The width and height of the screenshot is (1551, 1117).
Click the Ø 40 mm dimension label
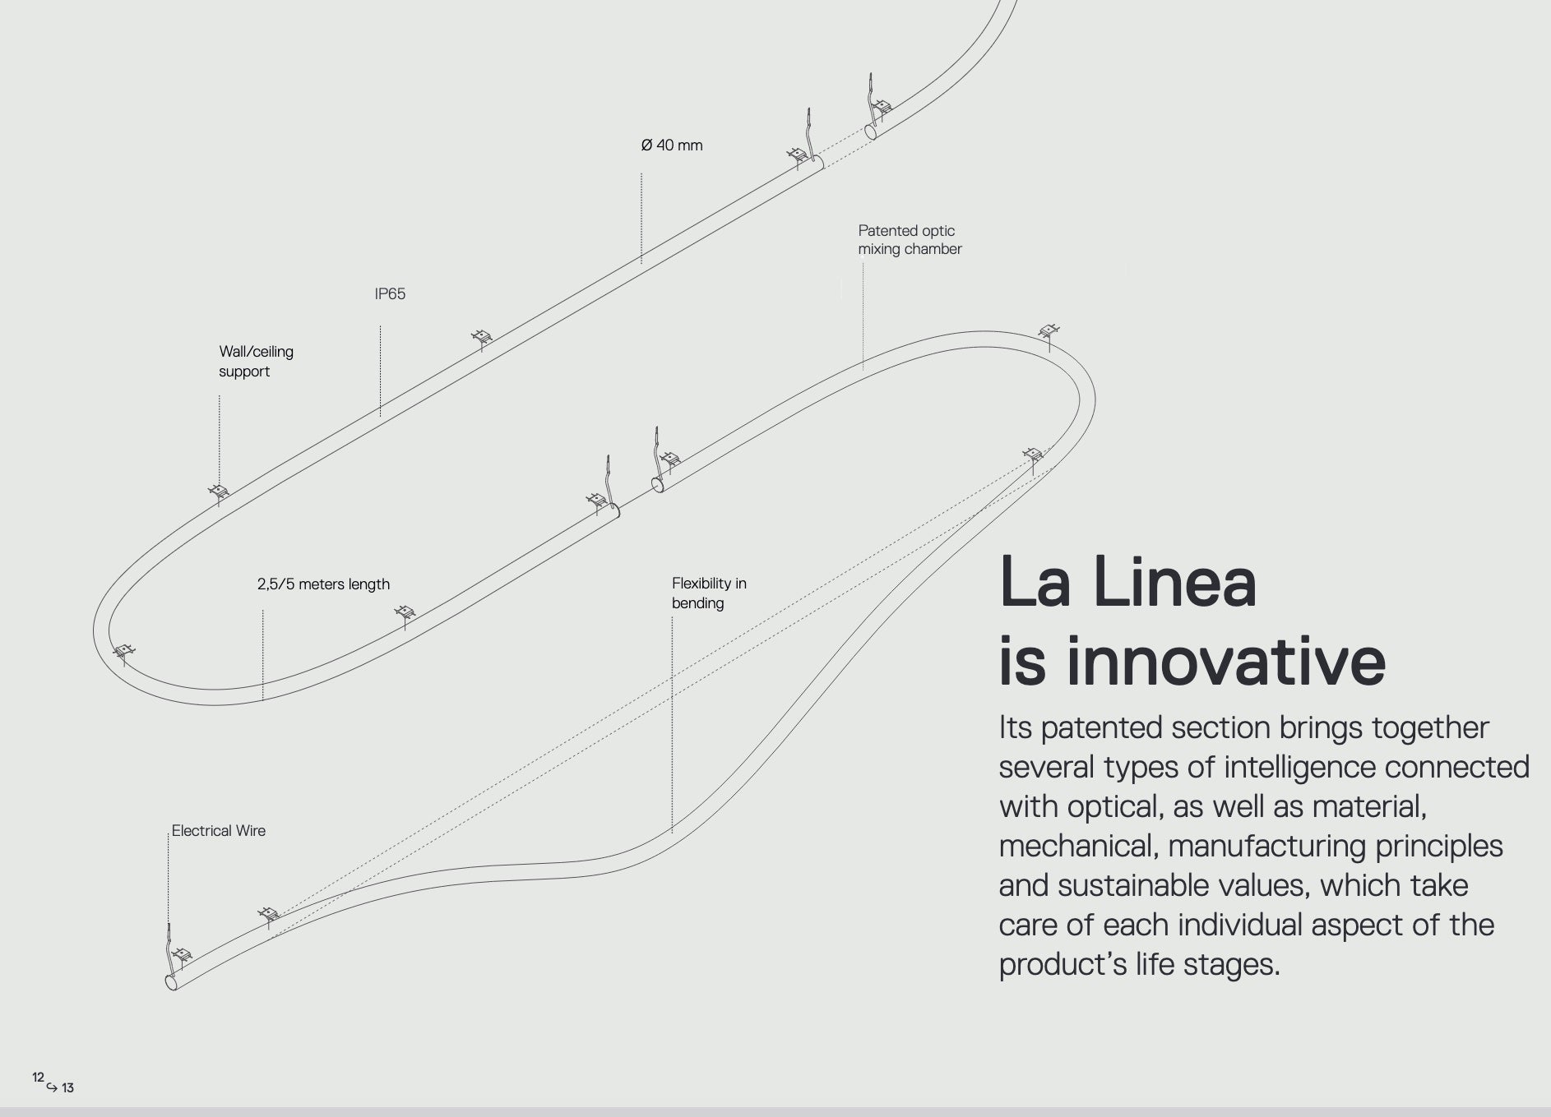[672, 145]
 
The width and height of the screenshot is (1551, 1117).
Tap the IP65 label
[390, 293]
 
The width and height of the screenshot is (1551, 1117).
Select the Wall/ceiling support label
[256, 361]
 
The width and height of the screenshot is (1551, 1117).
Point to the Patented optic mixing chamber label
[910, 240]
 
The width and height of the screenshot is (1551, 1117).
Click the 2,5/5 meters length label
[323, 584]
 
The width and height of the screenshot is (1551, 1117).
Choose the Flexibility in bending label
[709, 593]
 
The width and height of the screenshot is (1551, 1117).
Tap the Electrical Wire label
[219, 831]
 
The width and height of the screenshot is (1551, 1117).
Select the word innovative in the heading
[1226, 662]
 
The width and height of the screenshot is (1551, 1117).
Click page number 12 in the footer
[38, 1077]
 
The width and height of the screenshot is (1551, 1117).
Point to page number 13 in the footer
[67, 1088]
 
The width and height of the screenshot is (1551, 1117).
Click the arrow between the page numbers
[52, 1087]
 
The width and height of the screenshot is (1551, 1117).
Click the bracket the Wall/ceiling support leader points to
[219, 493]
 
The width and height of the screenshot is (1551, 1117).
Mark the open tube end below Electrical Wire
[172, 982]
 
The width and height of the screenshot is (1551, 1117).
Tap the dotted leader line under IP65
[380, 371]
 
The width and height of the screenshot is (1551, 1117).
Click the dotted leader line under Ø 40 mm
[641, 219]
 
